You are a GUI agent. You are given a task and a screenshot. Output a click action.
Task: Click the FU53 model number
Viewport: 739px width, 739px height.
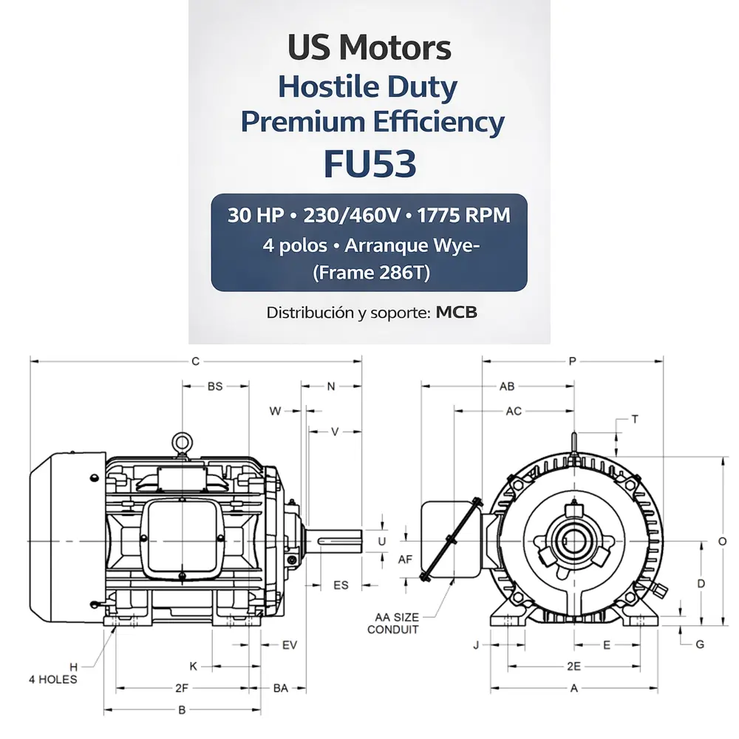[369, 164]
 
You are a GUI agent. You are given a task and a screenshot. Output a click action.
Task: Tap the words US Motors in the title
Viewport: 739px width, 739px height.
[369, 49]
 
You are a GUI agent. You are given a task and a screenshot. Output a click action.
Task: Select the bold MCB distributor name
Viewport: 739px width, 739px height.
[457, 313]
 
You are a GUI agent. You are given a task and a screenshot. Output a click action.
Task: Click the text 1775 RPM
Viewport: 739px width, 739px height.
[463, 216]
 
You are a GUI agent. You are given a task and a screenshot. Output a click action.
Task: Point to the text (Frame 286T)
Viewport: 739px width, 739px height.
[369, 273]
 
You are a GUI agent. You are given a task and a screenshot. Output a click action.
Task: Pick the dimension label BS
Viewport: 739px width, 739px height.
[215, 386]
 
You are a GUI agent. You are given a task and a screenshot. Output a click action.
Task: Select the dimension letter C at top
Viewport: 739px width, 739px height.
[196, 361]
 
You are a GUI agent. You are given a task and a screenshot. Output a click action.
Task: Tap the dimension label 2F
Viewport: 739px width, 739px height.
[183, 688]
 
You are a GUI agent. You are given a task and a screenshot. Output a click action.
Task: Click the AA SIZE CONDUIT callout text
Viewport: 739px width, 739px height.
[393, 623]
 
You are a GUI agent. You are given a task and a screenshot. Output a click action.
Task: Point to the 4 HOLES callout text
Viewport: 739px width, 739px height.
[53, 679]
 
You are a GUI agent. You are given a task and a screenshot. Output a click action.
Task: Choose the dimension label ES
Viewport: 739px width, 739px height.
[341, 585]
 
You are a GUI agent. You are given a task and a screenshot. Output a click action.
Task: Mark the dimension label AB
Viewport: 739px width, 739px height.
[507, 386]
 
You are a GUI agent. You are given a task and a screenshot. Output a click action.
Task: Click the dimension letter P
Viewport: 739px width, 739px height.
[573, 361]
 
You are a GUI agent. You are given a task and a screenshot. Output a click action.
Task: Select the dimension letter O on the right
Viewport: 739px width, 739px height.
[722, 541]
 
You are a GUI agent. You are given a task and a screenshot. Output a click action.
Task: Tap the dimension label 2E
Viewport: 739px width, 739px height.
[573, 666]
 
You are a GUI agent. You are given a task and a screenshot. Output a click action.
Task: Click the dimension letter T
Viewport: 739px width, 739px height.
[636, 419]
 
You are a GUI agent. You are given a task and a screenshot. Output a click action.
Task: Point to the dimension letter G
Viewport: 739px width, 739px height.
[700, 644]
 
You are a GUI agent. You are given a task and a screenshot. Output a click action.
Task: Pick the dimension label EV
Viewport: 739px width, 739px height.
[290, 645]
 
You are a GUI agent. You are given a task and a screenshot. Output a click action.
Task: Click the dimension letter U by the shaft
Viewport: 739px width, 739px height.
[382, 541]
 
